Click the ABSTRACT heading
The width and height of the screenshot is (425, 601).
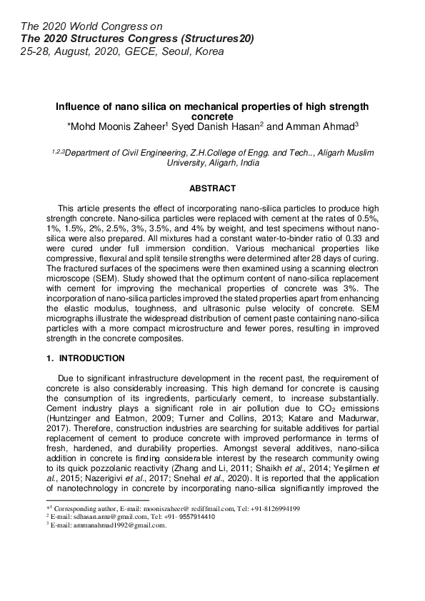(x=212, y=188)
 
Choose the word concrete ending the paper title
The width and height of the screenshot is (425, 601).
(x=213, y=116)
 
